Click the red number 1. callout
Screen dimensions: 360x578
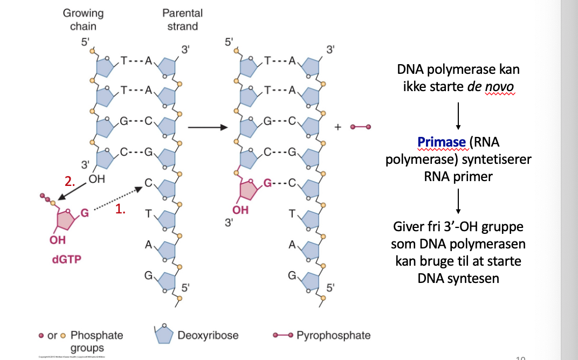120,211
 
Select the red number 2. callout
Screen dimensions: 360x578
70,182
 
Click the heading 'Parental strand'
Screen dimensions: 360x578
182,19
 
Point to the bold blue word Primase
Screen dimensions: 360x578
441,143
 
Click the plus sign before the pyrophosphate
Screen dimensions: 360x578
339,127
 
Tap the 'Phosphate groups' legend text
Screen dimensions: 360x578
97,341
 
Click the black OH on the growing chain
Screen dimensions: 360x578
97,178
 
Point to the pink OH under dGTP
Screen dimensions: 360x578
57,240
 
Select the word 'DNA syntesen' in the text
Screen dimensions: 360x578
458,278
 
